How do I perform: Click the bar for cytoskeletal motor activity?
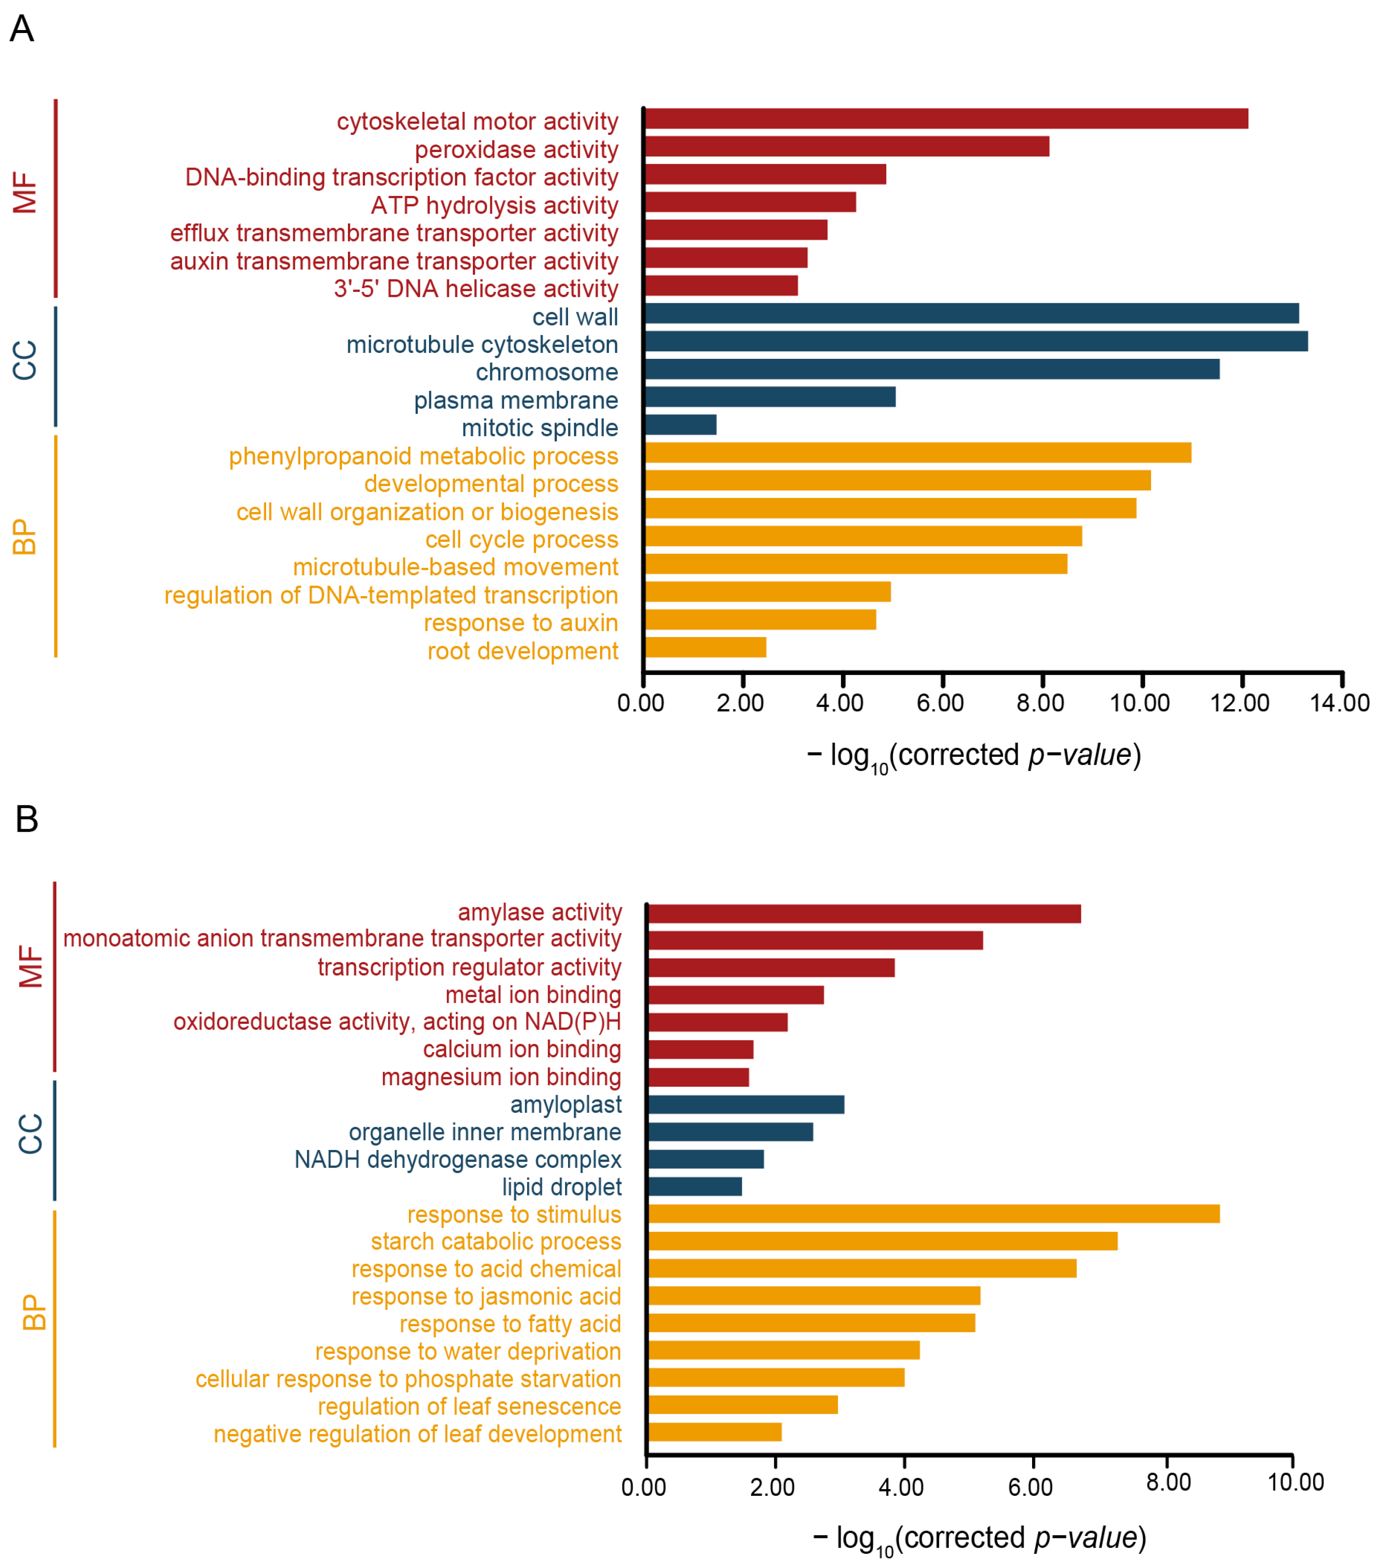[946, 119]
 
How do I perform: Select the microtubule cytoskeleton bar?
[976, 342]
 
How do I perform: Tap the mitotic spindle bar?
[680, 425]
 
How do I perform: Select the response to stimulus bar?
[933, 1214]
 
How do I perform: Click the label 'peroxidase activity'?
[516, 150]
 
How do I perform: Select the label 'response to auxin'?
[521, 623]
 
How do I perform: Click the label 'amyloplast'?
[566, 1105]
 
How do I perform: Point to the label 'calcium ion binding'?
[522, 1050]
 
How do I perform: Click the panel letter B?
[27, 819]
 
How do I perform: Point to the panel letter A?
[21, 29]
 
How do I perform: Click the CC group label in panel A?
[25, 361]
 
